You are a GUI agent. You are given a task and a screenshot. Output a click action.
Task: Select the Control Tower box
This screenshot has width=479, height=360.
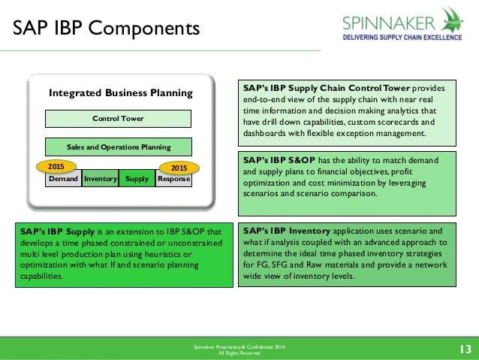click(x=118, y=119)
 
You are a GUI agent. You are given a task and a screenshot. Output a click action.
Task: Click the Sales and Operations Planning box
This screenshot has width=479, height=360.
click(x=118, y=147)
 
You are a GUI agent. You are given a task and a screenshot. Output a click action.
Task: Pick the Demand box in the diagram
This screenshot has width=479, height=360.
click(x=63, y=180)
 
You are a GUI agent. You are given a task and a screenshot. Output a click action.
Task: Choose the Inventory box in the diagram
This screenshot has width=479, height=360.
click(x=100, y=180)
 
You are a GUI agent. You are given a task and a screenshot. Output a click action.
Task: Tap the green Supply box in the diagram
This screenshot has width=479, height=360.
click(x=137, y=180)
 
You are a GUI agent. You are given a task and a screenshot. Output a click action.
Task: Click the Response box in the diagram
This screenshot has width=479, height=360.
click(x=173, y=180)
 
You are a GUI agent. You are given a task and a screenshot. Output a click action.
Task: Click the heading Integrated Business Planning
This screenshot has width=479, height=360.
click(x=121, y=93)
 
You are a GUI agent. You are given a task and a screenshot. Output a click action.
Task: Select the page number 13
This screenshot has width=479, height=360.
click(x=463, y=348)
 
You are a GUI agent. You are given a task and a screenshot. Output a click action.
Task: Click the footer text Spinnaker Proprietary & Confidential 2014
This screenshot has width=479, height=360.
click(x=239, y=346)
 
